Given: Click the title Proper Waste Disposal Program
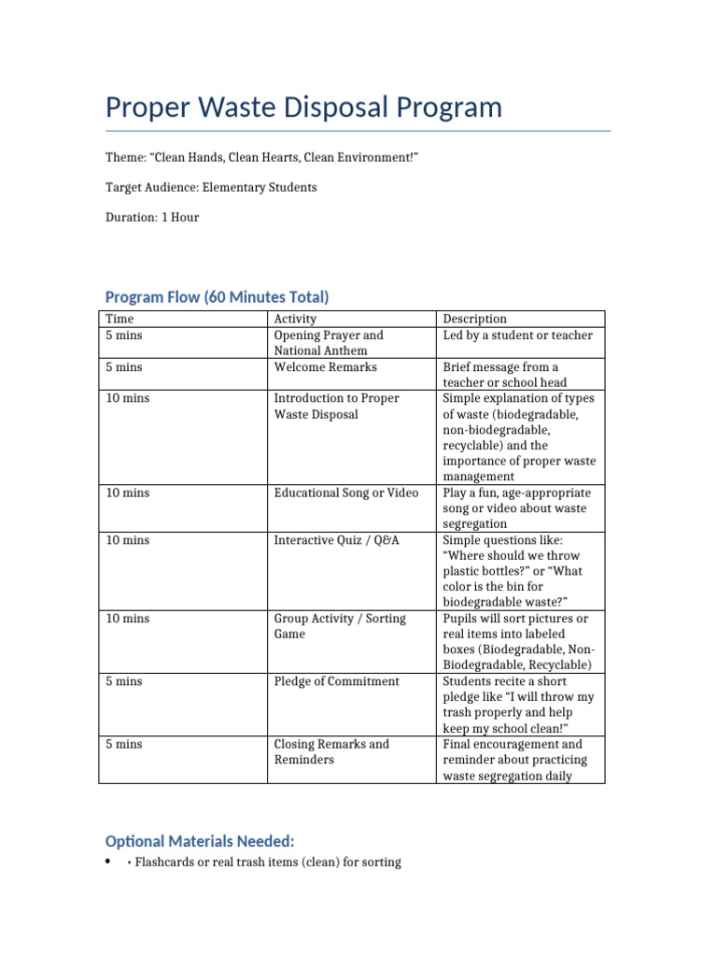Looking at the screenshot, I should coord(303,107).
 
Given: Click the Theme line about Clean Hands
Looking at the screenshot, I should coord(261,158).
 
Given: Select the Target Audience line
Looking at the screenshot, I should coord(211,187).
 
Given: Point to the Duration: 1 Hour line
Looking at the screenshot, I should coord(152,217).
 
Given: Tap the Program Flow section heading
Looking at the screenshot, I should coord(217,297).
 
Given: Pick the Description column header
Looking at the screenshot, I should coord(474,319).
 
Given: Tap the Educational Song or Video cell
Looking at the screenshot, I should coord(345,493).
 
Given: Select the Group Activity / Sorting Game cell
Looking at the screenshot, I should coord(339,626).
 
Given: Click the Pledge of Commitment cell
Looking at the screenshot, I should coord(336,681).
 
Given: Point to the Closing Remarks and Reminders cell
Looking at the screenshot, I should coord(331,751).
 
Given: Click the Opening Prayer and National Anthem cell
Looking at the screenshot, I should coord(328,343).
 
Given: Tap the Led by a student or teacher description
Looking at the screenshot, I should coord(517,335).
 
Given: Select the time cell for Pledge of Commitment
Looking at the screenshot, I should coord(124,681).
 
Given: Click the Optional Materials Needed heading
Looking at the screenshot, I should coord(200,840).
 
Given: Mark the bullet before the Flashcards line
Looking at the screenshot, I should coord(109,861).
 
